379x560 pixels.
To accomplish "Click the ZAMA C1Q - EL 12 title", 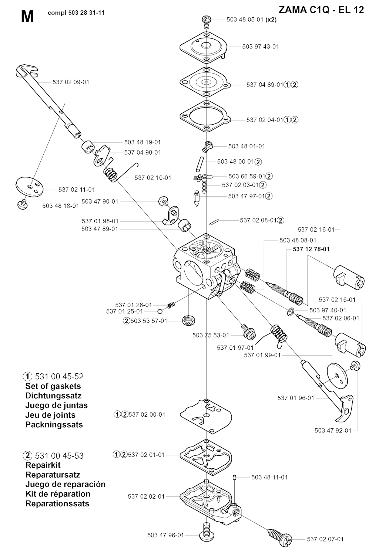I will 321,10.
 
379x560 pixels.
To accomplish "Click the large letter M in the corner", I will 27,17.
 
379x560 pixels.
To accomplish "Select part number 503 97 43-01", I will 261,47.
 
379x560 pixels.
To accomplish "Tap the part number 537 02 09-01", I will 71,82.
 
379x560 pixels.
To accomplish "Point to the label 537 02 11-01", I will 77,190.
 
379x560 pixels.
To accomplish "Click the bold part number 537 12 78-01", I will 311,249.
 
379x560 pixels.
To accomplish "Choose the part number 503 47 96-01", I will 165,535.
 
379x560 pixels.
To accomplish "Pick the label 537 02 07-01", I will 325,539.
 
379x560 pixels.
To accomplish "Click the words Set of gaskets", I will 53,386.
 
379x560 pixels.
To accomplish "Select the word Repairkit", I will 43,465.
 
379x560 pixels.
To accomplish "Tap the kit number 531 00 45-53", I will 59,455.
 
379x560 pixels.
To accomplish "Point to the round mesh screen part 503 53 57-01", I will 189,320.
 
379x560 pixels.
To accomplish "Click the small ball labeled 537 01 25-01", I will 160,311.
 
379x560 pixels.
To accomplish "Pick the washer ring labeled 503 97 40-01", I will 290,310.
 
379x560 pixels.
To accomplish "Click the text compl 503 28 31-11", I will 76,13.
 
